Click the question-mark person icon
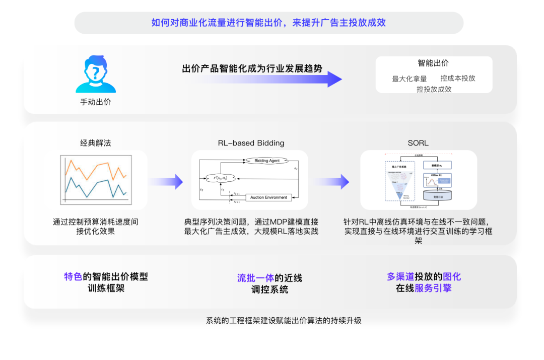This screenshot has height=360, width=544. (96, 75)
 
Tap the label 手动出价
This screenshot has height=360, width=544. (96, 102)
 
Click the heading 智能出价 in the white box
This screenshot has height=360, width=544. (433, 63)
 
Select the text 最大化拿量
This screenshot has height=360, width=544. (410, 79)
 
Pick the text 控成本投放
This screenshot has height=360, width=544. (458, 78)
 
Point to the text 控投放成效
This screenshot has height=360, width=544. (434, 89)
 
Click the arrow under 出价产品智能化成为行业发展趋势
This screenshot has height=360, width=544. (262, 79)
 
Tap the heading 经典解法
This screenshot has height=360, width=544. (96, 143)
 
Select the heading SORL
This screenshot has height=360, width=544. (418, 143)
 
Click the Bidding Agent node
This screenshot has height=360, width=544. (267, 161)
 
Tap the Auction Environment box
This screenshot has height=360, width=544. (269, 197)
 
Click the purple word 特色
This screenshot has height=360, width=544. (73, 276)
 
